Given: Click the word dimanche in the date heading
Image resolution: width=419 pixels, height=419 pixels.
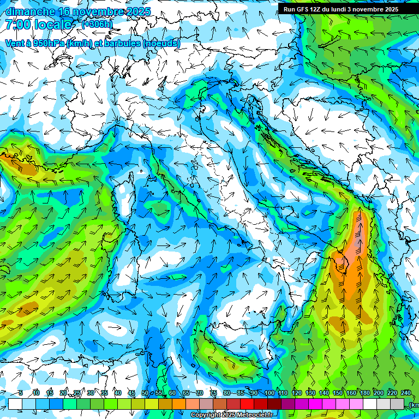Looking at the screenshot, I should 30,11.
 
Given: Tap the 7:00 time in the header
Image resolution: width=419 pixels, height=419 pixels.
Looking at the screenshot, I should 17,25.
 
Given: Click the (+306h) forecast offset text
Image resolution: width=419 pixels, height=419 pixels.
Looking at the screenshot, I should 98,24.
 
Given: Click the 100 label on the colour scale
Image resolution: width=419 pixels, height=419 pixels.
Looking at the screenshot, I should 269,393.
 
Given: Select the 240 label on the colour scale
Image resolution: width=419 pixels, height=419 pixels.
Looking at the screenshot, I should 405,393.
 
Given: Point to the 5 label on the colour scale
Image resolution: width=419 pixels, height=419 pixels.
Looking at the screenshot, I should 21,393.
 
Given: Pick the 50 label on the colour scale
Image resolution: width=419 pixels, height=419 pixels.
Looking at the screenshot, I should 145,393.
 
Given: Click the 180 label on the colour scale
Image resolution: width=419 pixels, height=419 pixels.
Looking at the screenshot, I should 364,393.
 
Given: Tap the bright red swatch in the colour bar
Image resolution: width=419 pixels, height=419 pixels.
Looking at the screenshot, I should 247,404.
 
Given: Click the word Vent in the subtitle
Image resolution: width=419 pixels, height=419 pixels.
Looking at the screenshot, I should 15,43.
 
